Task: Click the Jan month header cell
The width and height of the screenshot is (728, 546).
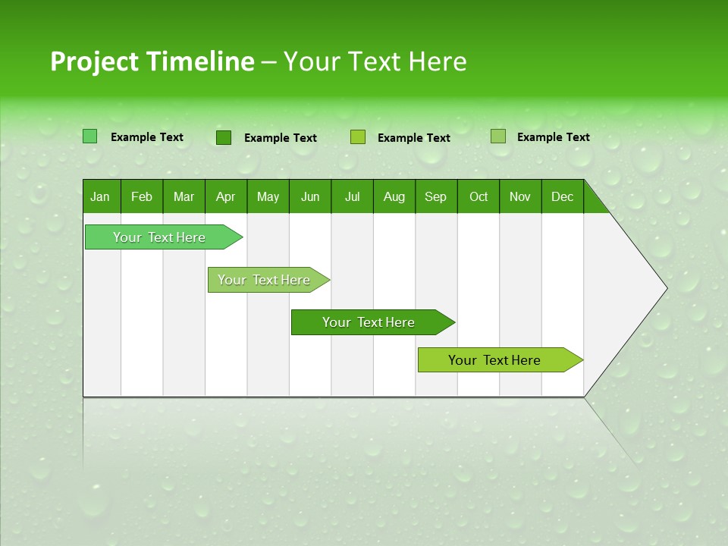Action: click(101, 196)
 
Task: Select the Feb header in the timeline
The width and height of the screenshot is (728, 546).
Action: click(142, 196)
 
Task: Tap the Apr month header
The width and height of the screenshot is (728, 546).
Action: click(226, 196)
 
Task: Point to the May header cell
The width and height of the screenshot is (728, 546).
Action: click(268, 196)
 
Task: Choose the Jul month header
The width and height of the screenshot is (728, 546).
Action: click(352, 196)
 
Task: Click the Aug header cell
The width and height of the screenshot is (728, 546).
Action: click(394, 196)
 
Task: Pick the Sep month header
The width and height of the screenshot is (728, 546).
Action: click(436, 196)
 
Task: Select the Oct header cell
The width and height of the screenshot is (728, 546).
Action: click(479, 196)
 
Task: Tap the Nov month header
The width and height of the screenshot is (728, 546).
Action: click(520, 196)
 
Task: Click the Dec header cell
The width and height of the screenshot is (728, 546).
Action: click(563, 196)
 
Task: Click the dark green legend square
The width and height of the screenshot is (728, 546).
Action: click(224, 137)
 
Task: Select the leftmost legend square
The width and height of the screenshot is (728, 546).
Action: click(90, 136)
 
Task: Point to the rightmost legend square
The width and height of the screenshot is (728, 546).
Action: click(497, 136)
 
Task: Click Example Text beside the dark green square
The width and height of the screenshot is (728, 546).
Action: click(281, 138)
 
